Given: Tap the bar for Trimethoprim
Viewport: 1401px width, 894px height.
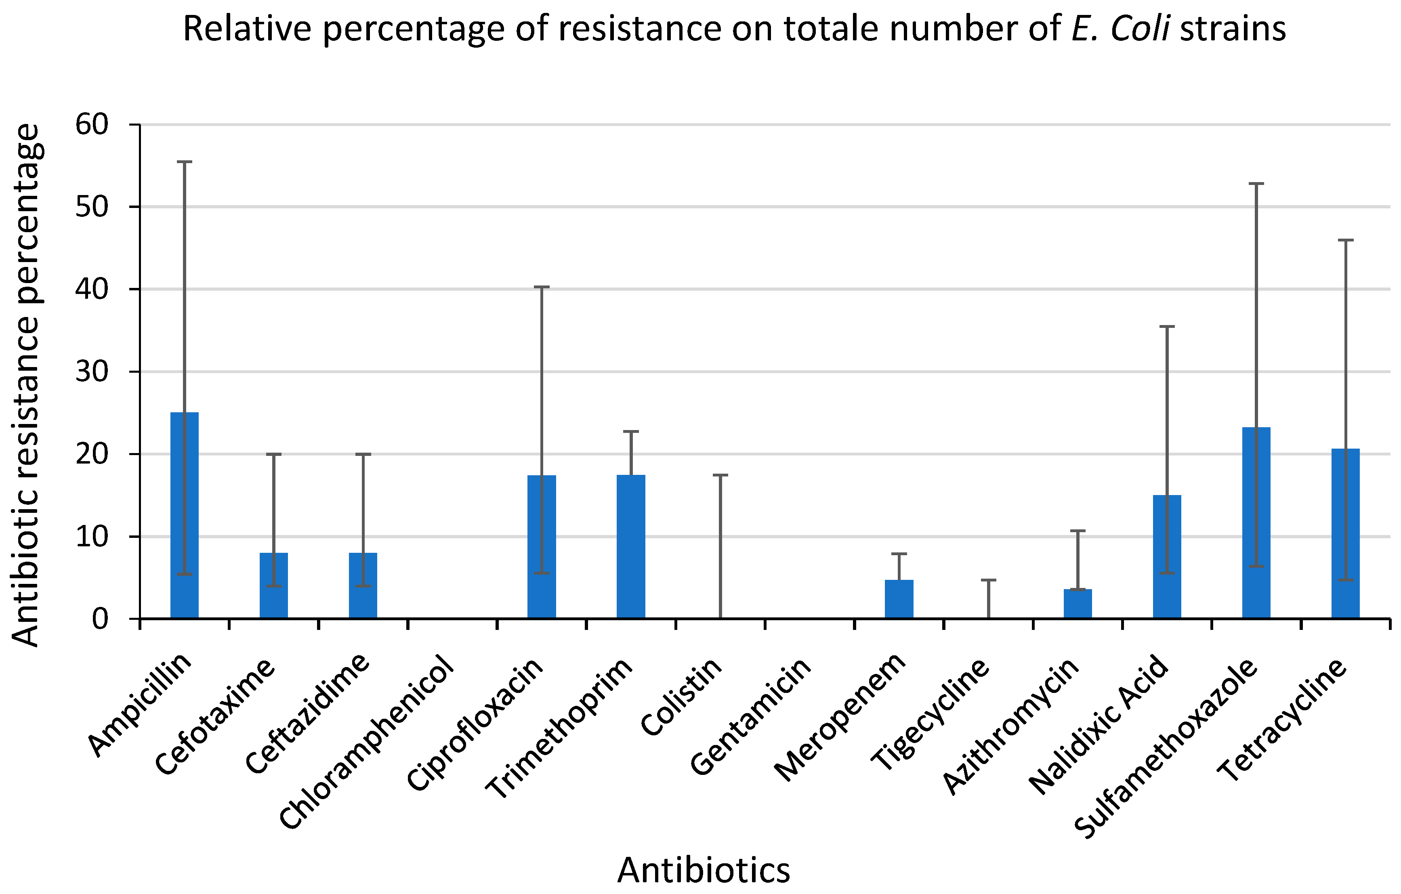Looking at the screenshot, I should click(x=631, y=546).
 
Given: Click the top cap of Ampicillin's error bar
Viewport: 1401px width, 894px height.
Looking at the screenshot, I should click(x=185, y=162).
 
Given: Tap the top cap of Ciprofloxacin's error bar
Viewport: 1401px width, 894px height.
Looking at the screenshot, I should click(x=542, y=287).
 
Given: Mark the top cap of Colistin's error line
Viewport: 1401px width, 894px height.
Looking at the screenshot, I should click(x=720, y=475).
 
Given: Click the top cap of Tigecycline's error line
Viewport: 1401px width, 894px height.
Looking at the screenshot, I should click(x=989, y=580).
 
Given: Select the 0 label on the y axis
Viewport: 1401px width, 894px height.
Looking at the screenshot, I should click(x=100, y=619).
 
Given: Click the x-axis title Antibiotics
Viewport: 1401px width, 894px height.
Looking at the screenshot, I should click(x=704, y=871).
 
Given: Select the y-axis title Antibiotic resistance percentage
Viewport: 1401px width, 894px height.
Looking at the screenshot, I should click(x=26, y=384).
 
